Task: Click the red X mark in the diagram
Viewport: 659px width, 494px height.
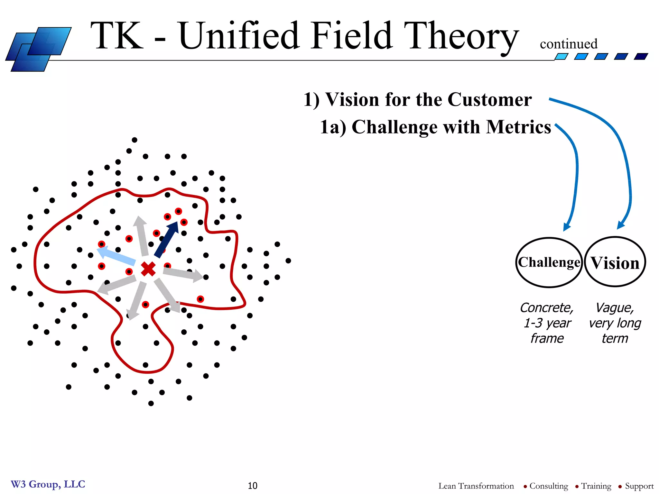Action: (148, 269)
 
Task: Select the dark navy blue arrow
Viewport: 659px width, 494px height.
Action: (167, 239)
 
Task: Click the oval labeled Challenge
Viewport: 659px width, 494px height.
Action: (549, 262)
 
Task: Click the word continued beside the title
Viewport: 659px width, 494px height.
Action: (569, 44)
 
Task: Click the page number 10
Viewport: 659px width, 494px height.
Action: (253, 486)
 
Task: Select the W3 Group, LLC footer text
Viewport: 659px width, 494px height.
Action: (48, 484)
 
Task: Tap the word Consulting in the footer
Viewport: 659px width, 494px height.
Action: (549, 486)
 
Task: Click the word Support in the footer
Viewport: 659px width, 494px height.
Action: (639, 486)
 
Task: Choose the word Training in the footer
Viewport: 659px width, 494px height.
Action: (596, 486)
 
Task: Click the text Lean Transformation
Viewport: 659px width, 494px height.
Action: (476, 486)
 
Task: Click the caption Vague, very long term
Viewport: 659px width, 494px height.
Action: (615, 323)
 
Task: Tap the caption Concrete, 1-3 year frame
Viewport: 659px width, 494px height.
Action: (547, 323)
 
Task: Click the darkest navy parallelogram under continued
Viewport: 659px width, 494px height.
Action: (641, 57)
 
